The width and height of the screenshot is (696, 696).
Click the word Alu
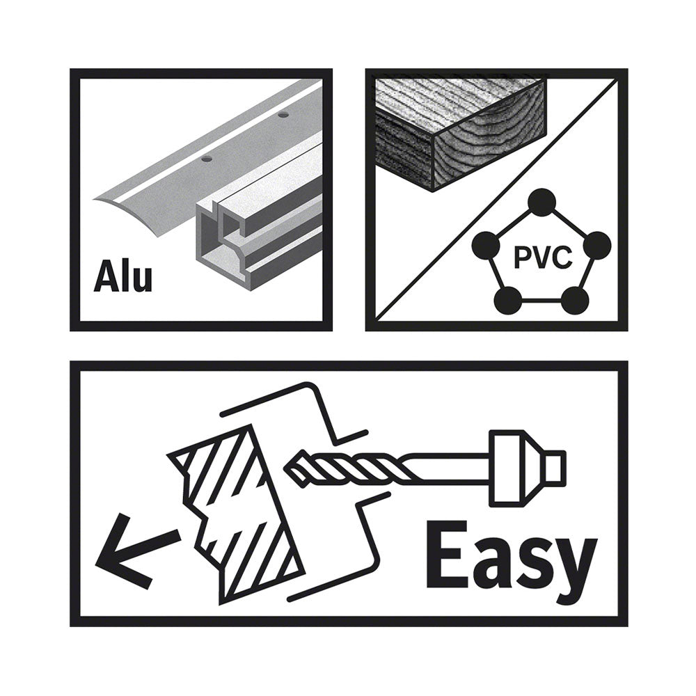(x=123, y=278)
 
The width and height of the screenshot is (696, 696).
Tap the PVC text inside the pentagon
(x=542, y=258)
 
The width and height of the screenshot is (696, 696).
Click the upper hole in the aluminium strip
(x=282, y=116)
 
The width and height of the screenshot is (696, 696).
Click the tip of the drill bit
(x=286, y=471)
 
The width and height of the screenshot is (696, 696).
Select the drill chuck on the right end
(x=527, y=468)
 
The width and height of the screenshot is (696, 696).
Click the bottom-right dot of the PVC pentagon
(x=576, y=300)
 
